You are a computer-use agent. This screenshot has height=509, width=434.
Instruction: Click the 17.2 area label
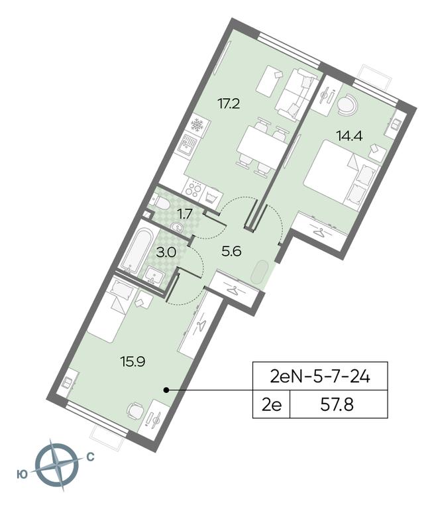228,104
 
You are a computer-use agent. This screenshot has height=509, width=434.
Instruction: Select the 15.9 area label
132,361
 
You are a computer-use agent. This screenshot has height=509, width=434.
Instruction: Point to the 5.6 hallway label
231,251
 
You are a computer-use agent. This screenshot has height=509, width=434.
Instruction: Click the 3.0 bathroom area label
166,253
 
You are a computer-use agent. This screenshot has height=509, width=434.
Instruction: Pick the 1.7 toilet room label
184,214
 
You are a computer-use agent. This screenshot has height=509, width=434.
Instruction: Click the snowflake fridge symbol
197,125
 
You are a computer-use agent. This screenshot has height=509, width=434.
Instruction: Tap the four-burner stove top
192,189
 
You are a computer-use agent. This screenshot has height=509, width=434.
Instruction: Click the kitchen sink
187,144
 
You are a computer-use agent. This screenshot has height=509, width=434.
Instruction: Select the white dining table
261,144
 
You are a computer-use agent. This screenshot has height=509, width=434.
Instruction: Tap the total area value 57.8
337,404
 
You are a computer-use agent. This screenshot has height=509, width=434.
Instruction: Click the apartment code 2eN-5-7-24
320,376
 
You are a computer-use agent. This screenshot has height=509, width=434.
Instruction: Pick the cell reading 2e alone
272,404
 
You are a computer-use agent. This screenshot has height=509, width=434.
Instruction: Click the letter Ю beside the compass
22,475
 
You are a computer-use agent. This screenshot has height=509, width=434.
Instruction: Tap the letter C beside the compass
90,457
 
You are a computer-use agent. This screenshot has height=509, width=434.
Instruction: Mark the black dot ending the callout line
166,390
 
